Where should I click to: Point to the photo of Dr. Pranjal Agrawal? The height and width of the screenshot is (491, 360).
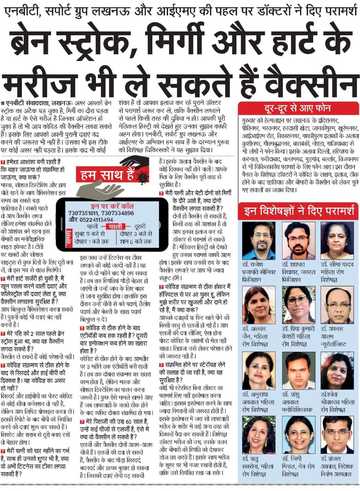337,435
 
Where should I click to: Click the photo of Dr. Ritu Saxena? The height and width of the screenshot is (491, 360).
259,435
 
